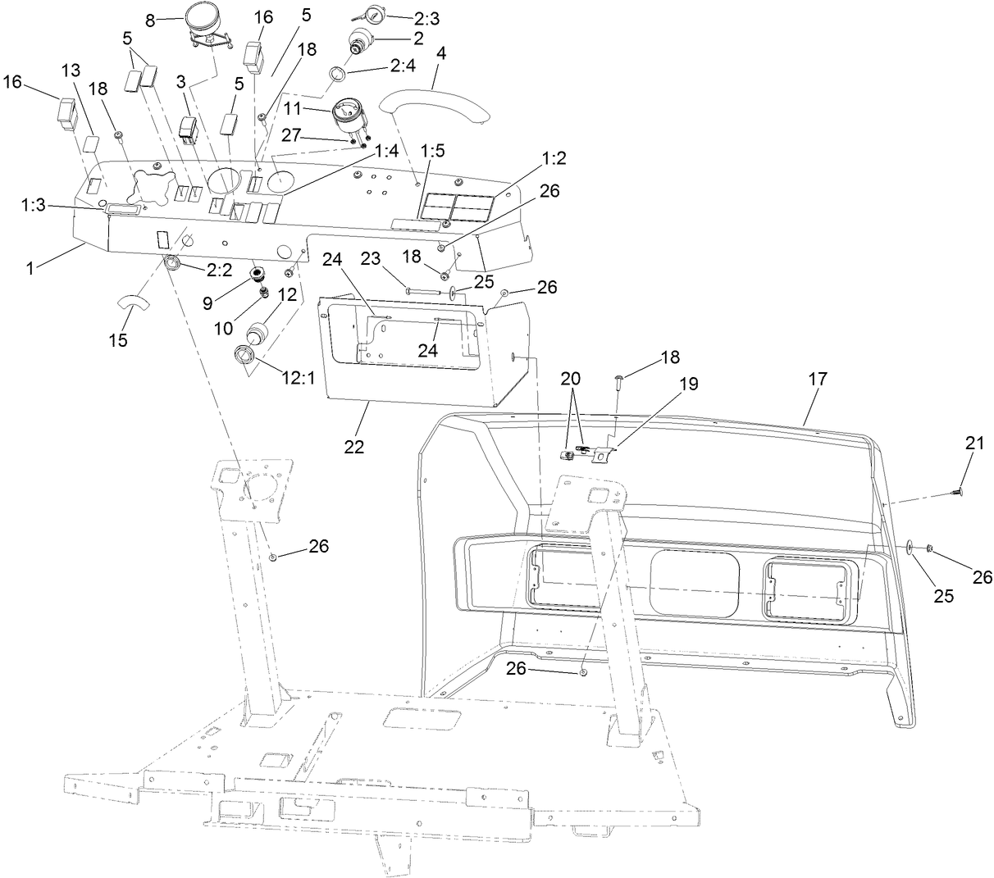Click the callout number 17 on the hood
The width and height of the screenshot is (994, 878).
(817, 379)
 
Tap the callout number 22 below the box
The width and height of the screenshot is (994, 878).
(355, 447)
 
